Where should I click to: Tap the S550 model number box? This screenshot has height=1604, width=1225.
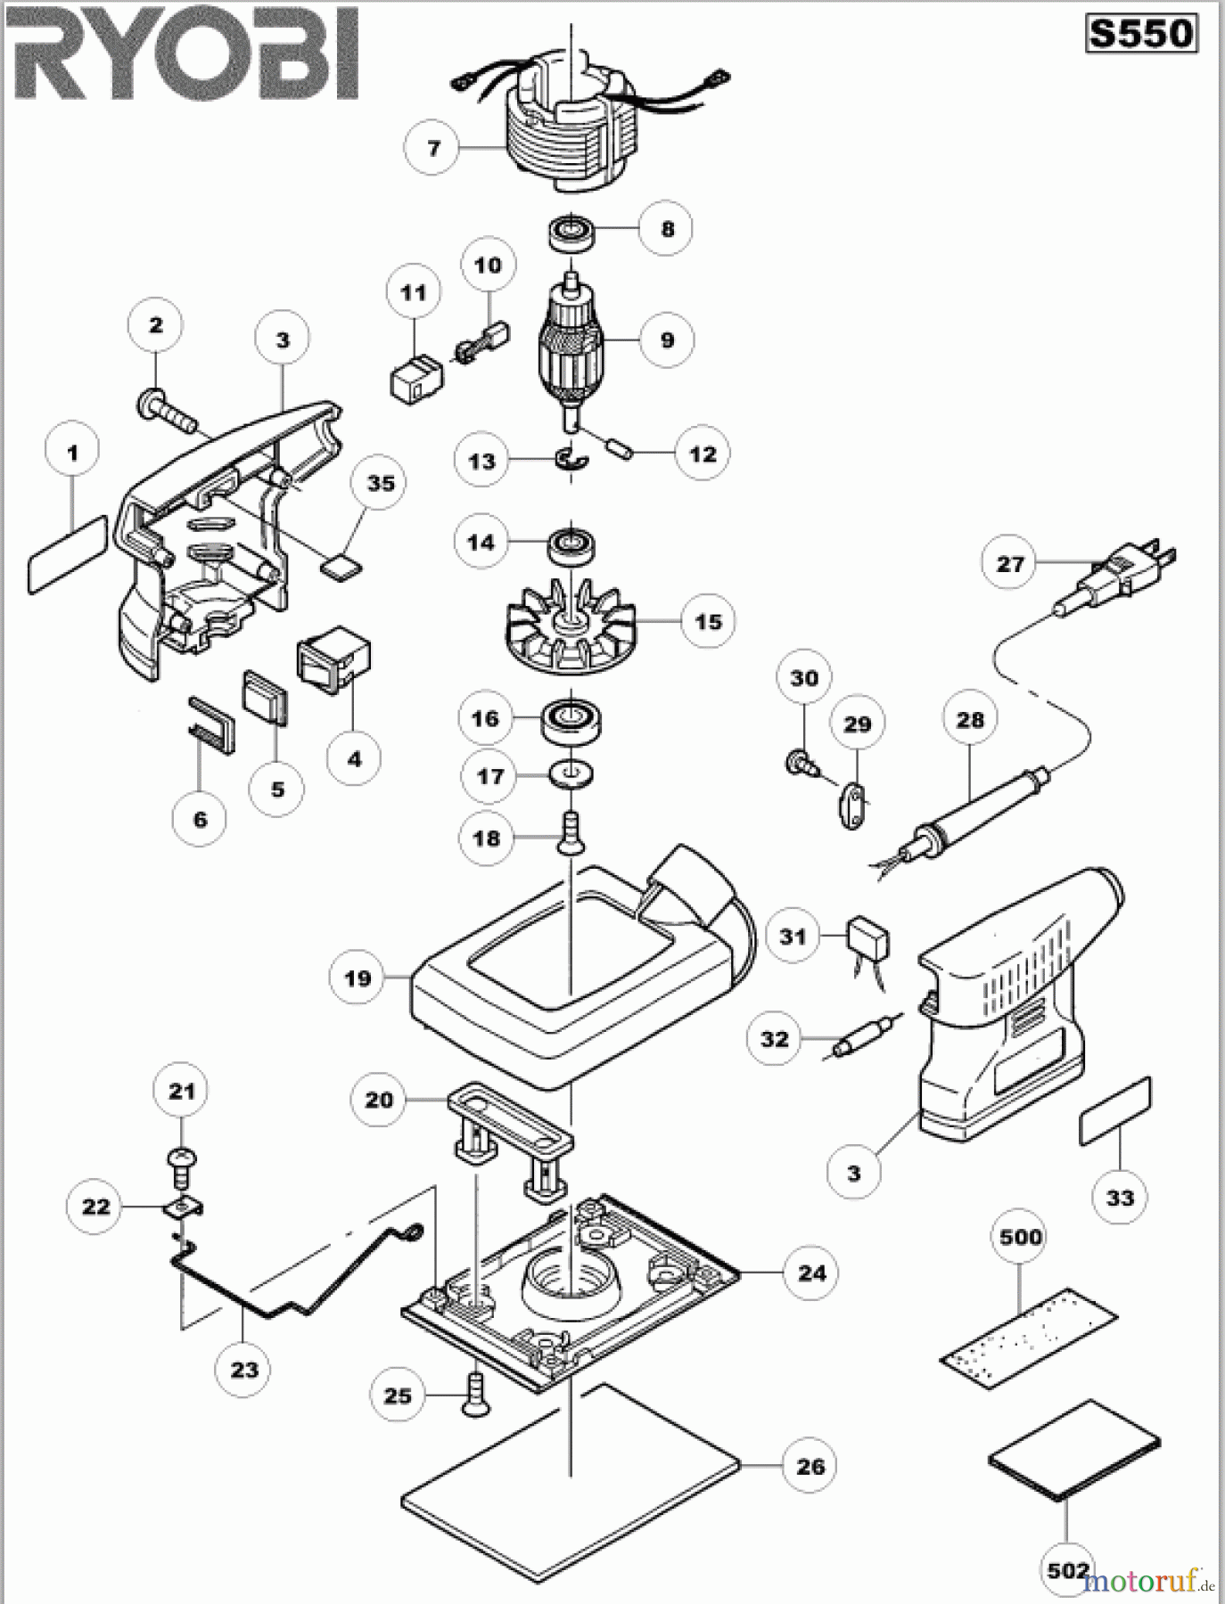click(1141, 34)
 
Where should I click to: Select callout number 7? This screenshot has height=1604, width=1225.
click(434, 147)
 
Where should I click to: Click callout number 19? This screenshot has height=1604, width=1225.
click(357, 978)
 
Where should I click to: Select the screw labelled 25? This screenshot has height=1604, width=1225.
click(474, 1395)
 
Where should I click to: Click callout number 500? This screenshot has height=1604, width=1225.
click(1021, 1237)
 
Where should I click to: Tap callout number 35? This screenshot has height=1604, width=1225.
click(381, 483)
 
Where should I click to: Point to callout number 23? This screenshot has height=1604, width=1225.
click(244, 1370)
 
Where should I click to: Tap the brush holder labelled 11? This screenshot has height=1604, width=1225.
click(415, 380)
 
